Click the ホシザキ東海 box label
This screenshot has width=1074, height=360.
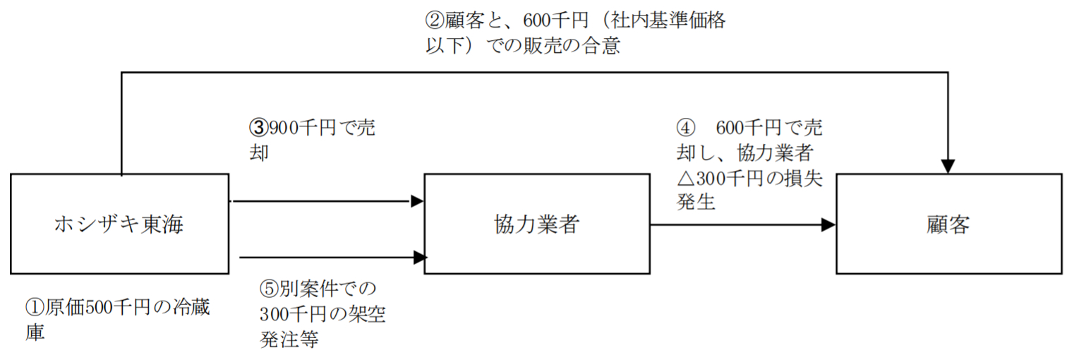(119, 224)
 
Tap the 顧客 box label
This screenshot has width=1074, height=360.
(948, 224)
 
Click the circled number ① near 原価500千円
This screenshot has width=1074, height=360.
(35, 308)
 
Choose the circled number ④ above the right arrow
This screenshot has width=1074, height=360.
(685, 128)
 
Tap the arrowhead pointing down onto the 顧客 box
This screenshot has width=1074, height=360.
(948, 166)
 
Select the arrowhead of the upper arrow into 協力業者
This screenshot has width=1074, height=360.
(417, 201)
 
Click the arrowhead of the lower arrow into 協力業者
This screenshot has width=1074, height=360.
(420, 258)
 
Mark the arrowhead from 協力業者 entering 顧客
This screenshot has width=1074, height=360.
(828, 225)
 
